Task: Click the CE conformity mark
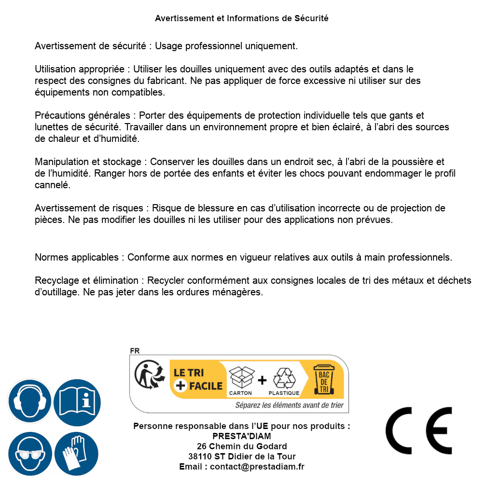point(418,430)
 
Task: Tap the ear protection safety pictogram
point(29,401)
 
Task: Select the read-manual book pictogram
point(77,401)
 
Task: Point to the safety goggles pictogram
point(29,454)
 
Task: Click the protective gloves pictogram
point(77,454)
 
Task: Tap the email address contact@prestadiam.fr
point(257,467)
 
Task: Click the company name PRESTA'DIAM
point(242,436)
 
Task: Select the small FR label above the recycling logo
point(135,351)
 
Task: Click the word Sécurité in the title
point(311,18)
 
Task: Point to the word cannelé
point(53,185)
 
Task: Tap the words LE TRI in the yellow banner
point(189,373)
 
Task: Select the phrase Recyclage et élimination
point(87,280)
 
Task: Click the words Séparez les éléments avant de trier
point(289,405)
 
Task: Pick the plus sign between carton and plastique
point(262,380)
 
